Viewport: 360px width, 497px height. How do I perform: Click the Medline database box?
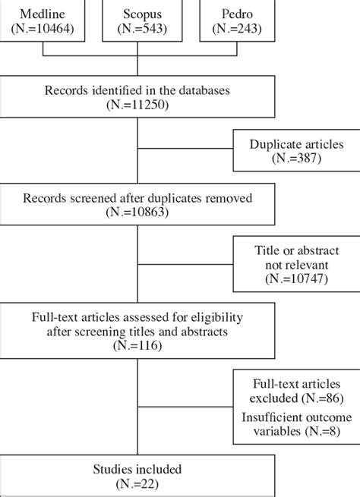[43, 20]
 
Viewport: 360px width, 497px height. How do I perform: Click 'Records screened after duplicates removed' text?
[137, 199]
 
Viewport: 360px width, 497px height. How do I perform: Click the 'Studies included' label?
[137, 467]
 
